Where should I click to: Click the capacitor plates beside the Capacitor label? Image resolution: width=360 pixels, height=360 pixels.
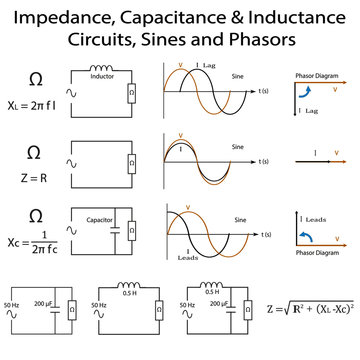[x=117, y=231]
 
